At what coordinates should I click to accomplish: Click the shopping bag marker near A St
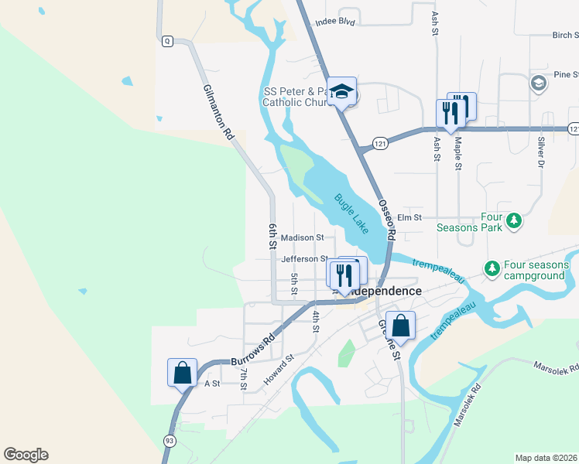183,372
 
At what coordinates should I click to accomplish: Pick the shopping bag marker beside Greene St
400,325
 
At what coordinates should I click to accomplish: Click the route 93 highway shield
168,439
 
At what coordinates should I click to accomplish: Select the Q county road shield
167,42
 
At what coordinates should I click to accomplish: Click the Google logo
26,455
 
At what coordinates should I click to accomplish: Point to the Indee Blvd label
334,22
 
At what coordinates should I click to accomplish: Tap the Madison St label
302,237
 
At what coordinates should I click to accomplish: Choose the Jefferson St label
305,259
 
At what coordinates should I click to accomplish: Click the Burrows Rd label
253,350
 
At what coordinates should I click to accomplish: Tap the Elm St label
408,218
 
